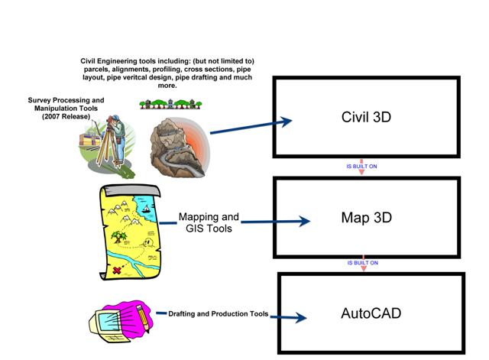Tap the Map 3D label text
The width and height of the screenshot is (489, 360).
[x=366, y=218]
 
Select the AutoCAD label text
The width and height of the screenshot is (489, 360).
[x=371, y=313]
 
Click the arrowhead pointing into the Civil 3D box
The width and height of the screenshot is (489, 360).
[x=287, y=122]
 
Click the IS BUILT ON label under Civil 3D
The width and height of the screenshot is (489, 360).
[x=362, y=165]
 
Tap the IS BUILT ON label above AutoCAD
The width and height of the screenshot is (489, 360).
[x=362, y=263]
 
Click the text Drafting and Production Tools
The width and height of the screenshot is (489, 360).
[x=219, y=313]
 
